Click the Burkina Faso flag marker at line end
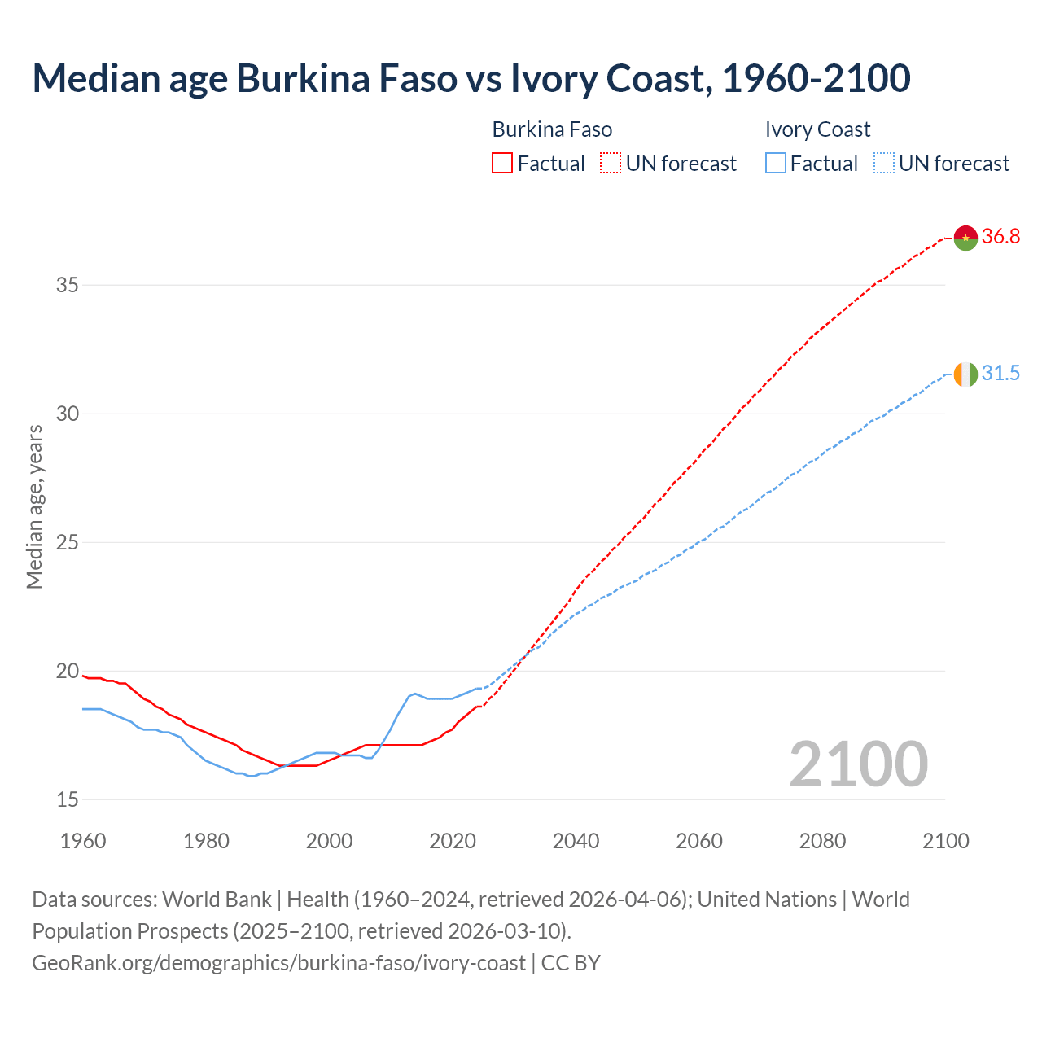(x=965, y=238)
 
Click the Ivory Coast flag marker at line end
(x=965, y=374)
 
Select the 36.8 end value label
(x=1000, y=237)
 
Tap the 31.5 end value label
(x=1000, y=374)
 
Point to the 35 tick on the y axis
(x=68, y=285)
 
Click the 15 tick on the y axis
(x=68, y=799)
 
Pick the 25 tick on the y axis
(x=68, y=542)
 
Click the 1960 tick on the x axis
(x=83, y=841)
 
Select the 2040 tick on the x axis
(x=576, y=841)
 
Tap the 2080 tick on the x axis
(x=822, y=841)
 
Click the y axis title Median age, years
(x=34, y=506)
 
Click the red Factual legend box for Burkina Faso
(x=502, y=164)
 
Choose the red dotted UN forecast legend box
(x=611, y=164)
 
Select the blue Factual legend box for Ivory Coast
(x=776, y=164)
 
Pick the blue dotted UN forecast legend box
(x=883, y=164)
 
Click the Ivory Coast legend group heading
(x=817, y=129)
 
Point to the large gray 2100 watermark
(x=858, y=764)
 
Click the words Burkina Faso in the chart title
(x=346, y=78)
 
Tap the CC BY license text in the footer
(x=571, y=963)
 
